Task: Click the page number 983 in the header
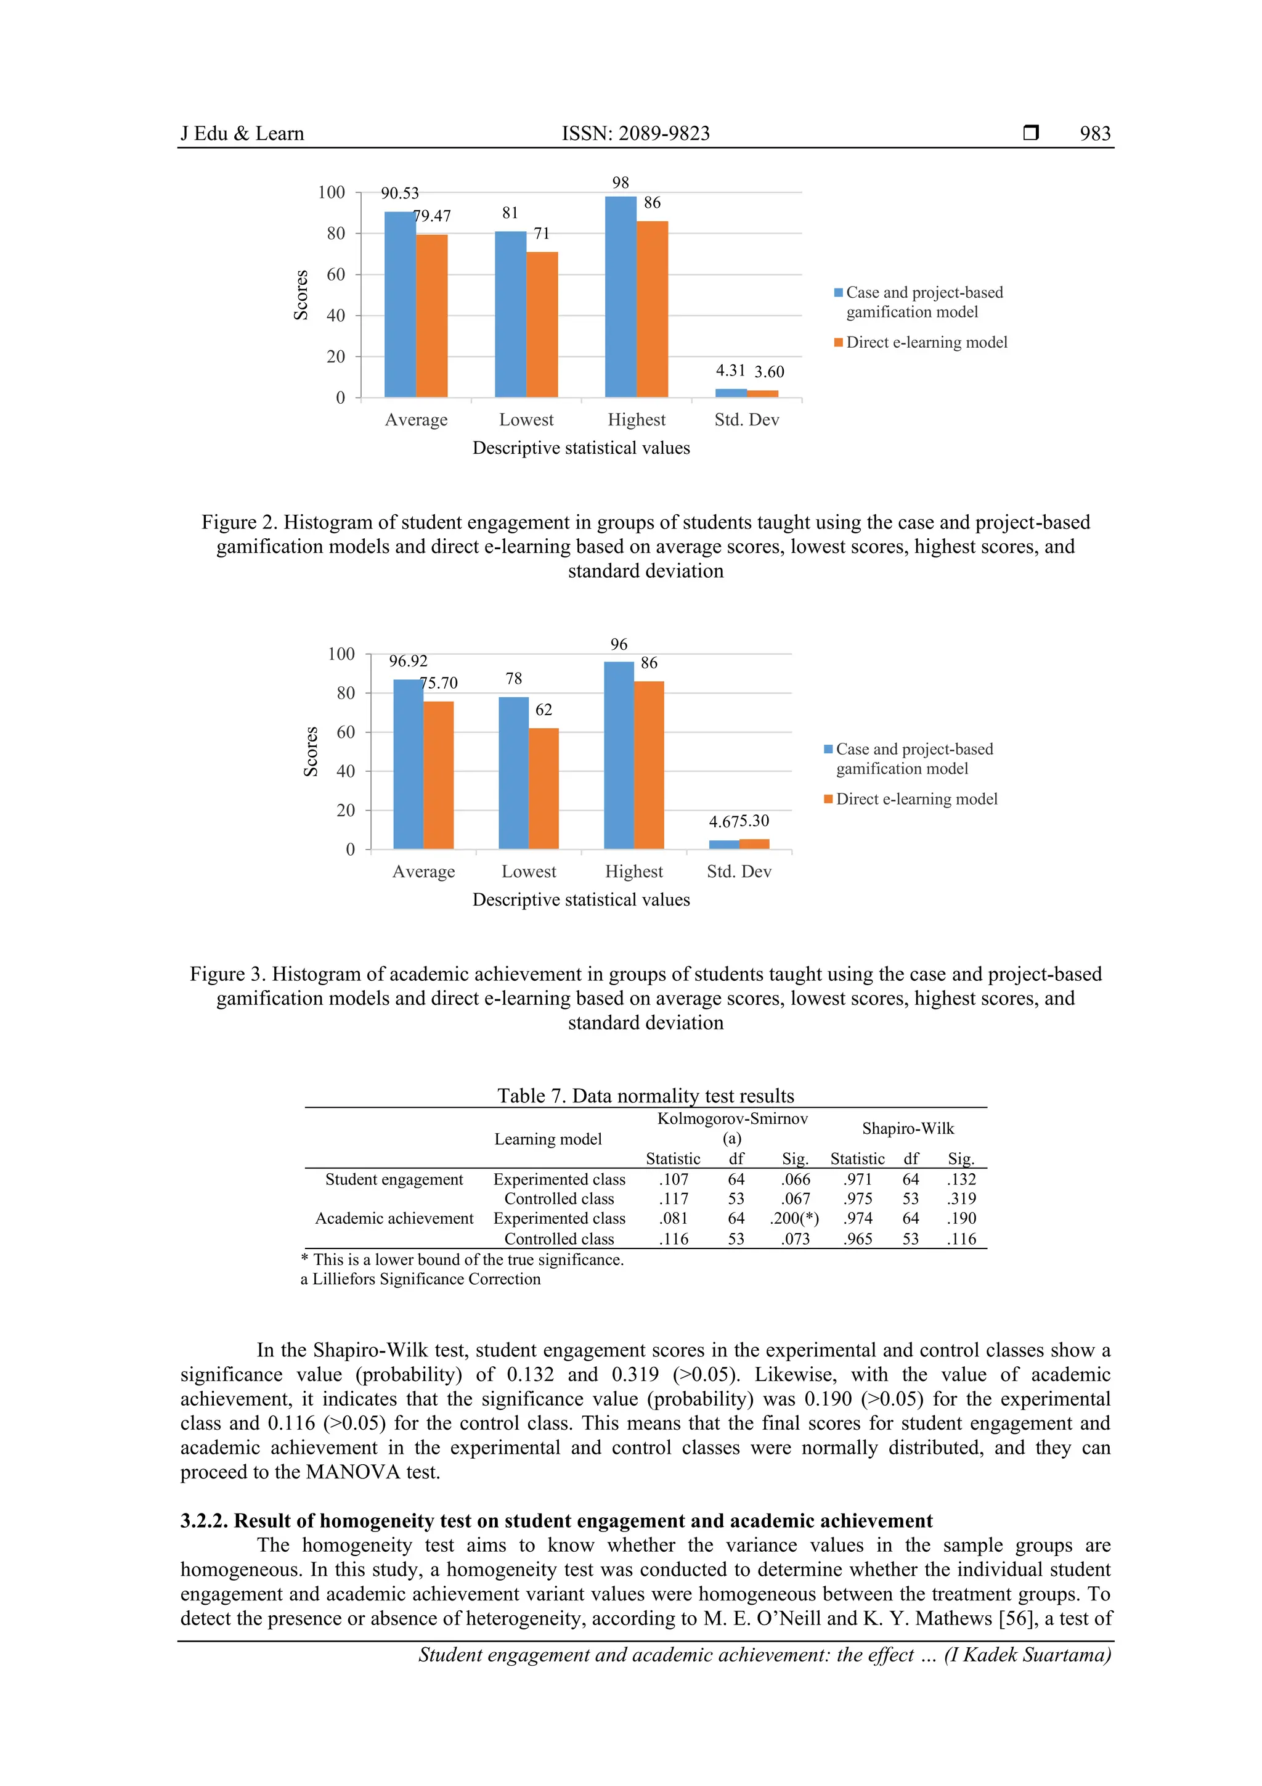1095,133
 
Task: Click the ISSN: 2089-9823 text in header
635,133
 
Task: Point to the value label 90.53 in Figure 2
400,193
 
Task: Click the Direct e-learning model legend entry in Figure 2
926,342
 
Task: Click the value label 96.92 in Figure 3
408,661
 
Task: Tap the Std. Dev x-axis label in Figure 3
739,871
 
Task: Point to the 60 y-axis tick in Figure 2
336,274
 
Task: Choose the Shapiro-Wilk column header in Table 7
908,1128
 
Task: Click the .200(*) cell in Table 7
794,1218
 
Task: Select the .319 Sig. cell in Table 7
961,1198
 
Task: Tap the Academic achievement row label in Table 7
394,1218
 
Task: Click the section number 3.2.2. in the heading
205,1521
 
